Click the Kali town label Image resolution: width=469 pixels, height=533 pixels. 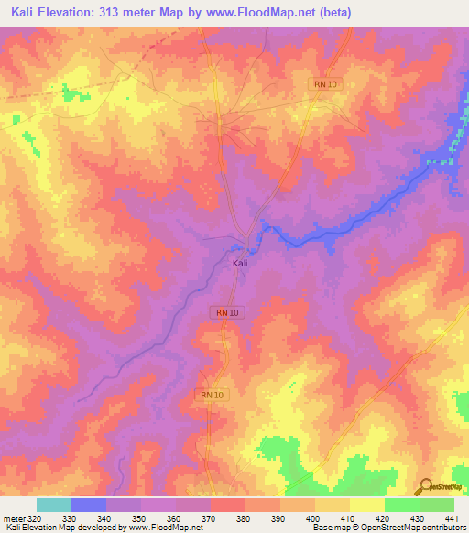click(239, 263)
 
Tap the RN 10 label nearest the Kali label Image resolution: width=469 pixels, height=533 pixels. click(230, 312)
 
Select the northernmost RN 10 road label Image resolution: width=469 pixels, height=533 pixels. click(325, 84)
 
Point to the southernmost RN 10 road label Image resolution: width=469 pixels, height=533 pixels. click(212, 394)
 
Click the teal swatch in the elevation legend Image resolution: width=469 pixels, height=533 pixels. click(54, 505)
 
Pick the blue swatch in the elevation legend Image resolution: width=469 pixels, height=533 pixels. click(89, 505)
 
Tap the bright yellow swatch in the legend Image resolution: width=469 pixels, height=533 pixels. click(366, 505)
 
